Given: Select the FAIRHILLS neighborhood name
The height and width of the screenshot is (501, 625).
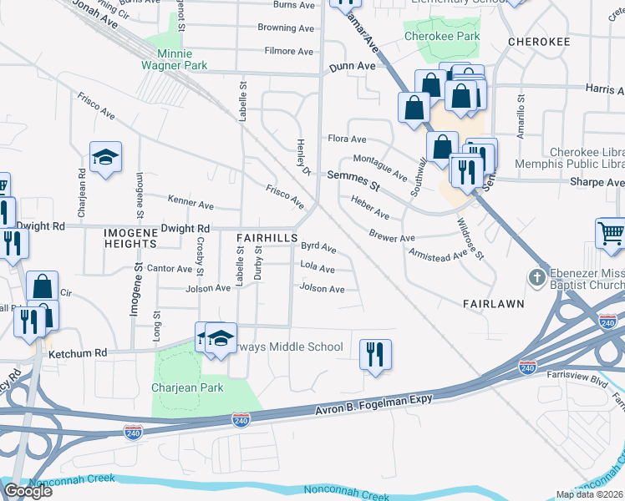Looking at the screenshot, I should [x=266, y=238].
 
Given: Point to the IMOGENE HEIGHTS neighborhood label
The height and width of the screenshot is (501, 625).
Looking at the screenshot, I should [x=130, y=236].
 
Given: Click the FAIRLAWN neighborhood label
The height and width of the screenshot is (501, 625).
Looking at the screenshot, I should [x=492, y=305].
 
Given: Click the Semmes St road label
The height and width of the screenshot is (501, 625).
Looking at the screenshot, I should [x=353, y=175].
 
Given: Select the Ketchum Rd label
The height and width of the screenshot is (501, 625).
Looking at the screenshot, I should [x=79, y=353].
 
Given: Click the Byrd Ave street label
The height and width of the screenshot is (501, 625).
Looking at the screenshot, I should [x=318, y=248].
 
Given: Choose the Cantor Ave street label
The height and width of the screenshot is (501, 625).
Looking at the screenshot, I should [x=170, y=268].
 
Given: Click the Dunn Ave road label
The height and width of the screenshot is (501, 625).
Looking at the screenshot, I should [x=352, y=65].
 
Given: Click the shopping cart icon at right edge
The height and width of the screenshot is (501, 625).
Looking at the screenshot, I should [x=611, y=234].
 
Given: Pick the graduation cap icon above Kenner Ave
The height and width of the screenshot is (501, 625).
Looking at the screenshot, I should [x=105, y=157].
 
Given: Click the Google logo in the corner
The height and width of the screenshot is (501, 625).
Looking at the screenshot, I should [x=28, y=491].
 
